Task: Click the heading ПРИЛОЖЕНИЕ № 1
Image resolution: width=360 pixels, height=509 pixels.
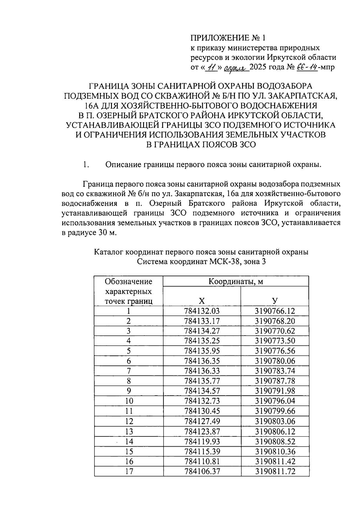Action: [x=228, y=38]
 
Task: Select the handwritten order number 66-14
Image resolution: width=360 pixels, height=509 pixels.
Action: [x=307, y=67]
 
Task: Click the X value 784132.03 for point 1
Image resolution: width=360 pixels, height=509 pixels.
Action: [x=202, y=311]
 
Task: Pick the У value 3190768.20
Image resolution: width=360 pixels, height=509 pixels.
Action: [x=275, y=321]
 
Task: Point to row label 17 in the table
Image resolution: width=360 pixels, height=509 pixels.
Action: [x=129, y=471]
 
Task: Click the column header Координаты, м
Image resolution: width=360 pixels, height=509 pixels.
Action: [x=236, y=282]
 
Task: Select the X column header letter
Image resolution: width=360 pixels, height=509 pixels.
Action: [x=202, y=301]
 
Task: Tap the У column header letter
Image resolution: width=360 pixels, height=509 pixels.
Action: [x=275, y=301]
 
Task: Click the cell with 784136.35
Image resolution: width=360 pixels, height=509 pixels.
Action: [x=202, y=361]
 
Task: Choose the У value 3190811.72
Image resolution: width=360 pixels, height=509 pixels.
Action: [x=275, y=471]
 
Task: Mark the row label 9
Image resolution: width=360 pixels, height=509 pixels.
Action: [x=129, y=391]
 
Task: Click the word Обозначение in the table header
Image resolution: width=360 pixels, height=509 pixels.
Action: [x=128, y=282]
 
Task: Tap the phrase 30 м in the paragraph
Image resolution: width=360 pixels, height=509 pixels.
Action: [x=106, y=233]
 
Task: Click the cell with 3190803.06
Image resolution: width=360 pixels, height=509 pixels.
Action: [x=275, y=421]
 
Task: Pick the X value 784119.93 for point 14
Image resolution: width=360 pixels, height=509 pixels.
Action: [x=202, y=442]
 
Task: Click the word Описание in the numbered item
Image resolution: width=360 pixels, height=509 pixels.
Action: [x=123, y=164]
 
